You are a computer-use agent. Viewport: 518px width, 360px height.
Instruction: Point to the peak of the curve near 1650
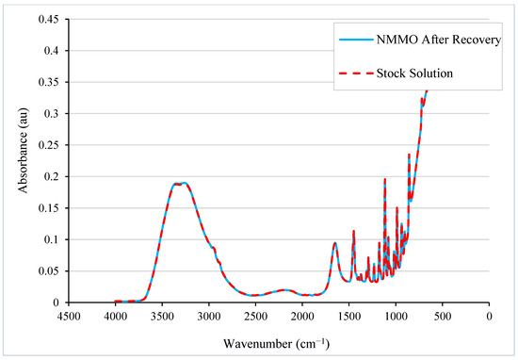click(335, 243)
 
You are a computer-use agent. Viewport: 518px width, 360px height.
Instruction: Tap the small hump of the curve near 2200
click(284, 290)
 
